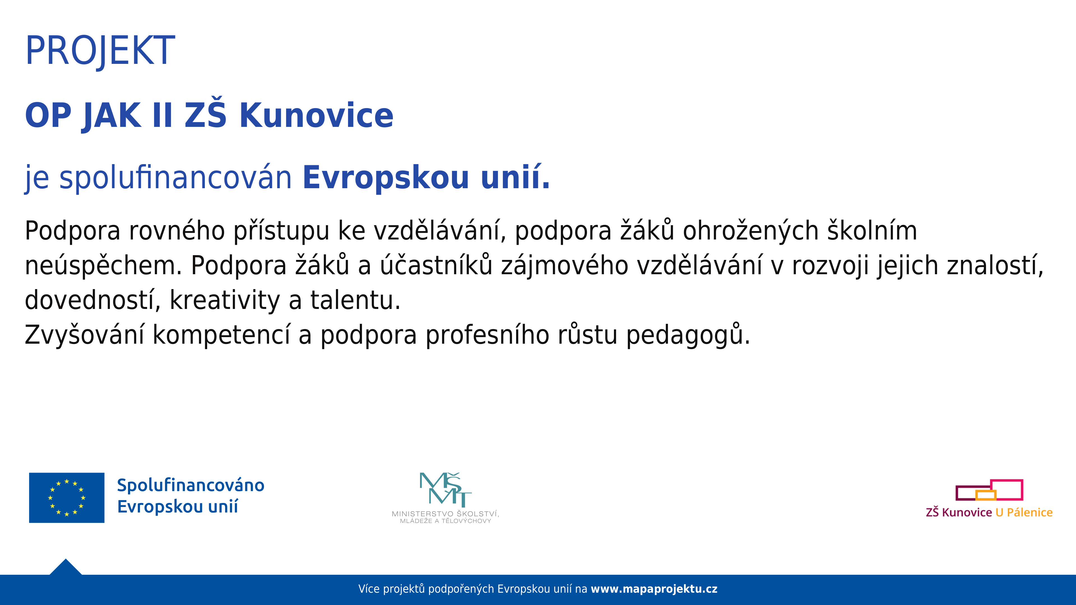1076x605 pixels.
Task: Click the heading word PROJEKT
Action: pos(100,51)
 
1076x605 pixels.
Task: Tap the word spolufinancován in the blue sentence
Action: pos(175,178)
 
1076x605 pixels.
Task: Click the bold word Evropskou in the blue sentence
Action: pos(386,178)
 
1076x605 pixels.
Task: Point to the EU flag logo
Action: pos(67,498)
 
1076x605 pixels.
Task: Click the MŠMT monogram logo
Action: pos(445,488)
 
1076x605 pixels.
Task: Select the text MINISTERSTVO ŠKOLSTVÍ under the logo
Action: pos(445,514)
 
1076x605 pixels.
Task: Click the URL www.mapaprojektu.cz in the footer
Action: pos(654,589)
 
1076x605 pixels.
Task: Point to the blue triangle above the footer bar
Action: pos(66,567)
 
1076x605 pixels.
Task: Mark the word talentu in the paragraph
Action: pos(355,300)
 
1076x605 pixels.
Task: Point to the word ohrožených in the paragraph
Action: pos(751,231)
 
